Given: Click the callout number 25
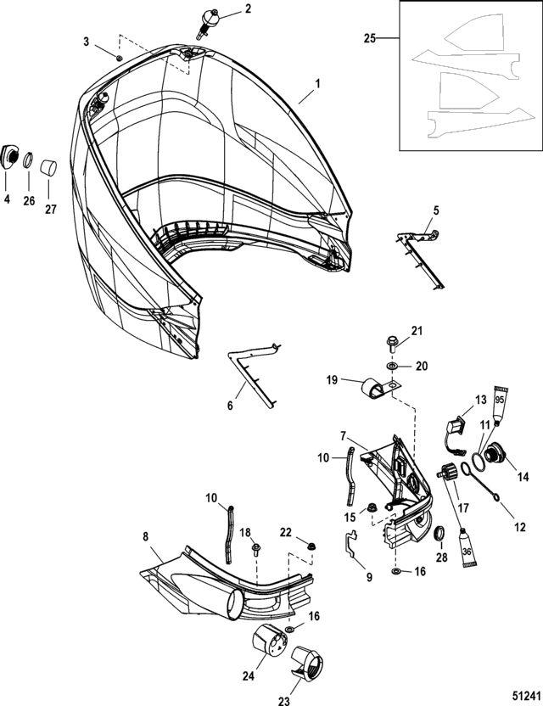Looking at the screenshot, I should (x=368, y=38).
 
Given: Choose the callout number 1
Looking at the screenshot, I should (x=318, y=85).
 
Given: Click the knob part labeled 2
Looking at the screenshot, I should (x=208, y=20).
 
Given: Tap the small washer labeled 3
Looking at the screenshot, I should (x=119, y=58).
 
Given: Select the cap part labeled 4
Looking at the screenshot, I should (x=9, y=156).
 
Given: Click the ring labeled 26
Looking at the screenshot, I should (x=28, y=159).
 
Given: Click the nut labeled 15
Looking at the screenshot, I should (x=372, y=508).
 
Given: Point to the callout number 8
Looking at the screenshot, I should (x=145, y=537).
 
